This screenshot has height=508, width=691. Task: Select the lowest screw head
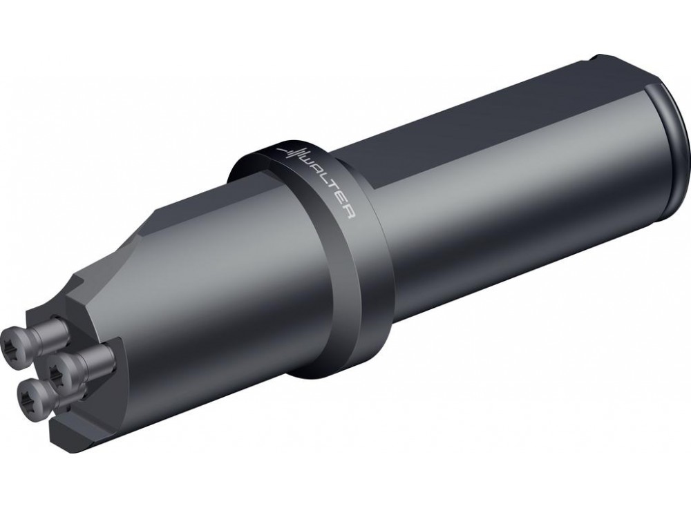point(33,399)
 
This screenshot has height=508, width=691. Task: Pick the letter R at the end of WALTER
point(348,213)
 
